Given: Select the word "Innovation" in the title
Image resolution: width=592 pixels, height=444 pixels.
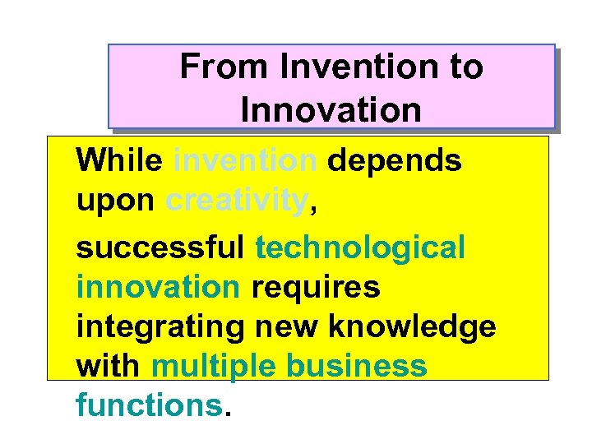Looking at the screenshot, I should coord(331,109).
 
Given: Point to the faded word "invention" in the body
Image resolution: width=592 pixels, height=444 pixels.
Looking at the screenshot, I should coord(245,161).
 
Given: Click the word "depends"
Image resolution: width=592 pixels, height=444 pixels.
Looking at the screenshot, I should coord(395,161).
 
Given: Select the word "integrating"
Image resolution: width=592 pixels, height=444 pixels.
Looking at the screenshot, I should coord(160,326).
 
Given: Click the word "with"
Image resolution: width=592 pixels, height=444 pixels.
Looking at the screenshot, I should coord(109,366).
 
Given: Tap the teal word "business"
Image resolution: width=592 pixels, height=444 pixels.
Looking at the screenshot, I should coord(357,366).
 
